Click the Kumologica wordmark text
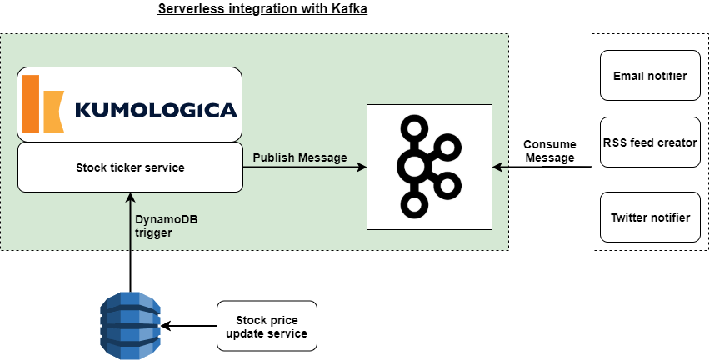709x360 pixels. tap(155, 110)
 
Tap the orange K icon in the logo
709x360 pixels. tap(42, 104)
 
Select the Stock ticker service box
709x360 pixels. tap(129, 167)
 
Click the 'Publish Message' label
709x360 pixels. tap(300, 157)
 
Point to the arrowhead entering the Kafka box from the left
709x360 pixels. tap(362, 167)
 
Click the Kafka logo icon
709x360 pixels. tap(429, 167)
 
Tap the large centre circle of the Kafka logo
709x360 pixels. tap(414, 167)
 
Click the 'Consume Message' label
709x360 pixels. tap(549, 151)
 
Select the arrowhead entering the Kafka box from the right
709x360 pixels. tap(497, 167)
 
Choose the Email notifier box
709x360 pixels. tap(650, 76)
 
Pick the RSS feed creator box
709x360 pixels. tap(650, 142)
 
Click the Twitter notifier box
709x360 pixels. tap(650, 217)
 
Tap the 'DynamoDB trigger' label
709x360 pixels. tap(166, 226)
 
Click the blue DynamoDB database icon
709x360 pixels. tap(130, 325)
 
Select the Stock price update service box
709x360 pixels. tap(267, 326)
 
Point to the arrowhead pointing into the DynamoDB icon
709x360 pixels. tap(165, 326)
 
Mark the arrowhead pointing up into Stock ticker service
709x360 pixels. tap(130, 197)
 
